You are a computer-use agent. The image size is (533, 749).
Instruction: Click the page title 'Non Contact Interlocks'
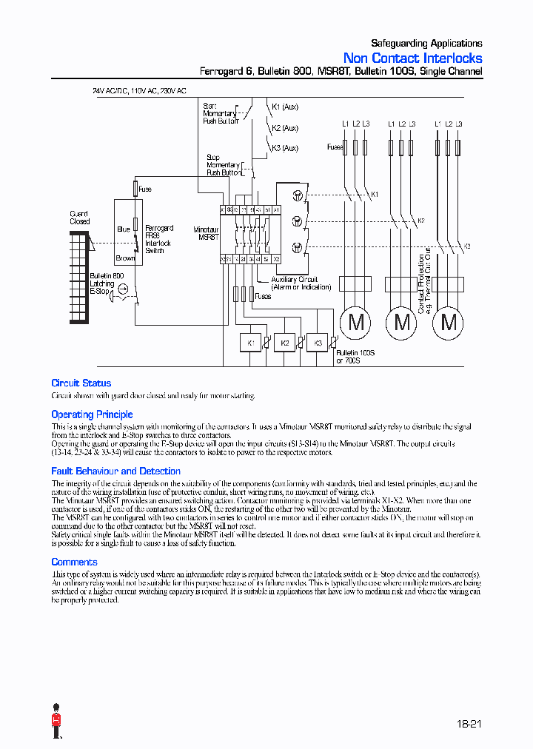[x=412, y=58]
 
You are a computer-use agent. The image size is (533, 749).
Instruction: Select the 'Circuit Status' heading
[x=81, y=383]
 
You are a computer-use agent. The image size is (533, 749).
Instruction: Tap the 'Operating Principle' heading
[x=92, y=414]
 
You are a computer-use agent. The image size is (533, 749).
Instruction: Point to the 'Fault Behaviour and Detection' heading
[x=115, y=471]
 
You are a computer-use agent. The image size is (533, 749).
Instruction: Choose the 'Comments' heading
[x=74, y=562]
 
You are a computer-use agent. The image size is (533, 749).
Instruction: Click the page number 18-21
[x=469, y=724]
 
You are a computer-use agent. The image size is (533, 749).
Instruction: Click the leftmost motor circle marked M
[x=356, y=322]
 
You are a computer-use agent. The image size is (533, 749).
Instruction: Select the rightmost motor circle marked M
[x=449, y=322]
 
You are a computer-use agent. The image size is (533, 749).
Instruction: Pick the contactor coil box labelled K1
[x=251, y=343]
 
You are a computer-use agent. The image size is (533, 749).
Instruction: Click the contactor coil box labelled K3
[x=318, y=343]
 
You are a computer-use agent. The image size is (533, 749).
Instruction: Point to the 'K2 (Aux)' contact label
[x=285, y=128]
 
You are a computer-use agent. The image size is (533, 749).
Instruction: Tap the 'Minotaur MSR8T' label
[x=206, y=234]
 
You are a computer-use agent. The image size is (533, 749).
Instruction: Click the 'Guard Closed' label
[x=79, y=218]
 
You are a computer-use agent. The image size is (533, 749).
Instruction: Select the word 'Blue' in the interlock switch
[x=123, y=229]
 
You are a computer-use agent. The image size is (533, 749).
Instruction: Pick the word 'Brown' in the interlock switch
[x=125, y=258]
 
